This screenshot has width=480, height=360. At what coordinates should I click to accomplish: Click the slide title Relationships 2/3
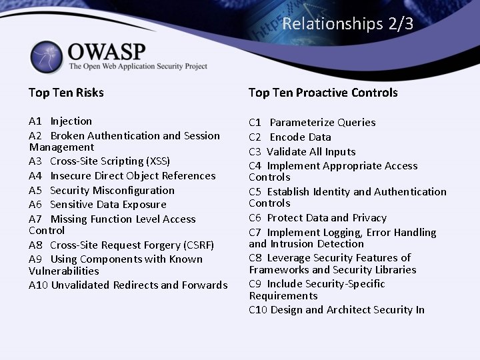coord(347,24)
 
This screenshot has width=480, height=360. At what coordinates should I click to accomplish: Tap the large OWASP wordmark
coord(107,51)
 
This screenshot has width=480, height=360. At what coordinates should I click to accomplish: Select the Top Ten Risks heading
coord(66,93)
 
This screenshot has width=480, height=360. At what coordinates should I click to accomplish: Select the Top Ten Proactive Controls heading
coord(323,93)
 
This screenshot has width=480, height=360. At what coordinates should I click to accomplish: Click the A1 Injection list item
coord(61,121)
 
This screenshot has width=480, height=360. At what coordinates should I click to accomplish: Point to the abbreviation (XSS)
coord(157,161)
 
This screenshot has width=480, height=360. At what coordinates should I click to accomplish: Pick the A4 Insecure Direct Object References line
coord(122,176)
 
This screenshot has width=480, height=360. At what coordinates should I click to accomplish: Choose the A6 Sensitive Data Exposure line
coord(97,205)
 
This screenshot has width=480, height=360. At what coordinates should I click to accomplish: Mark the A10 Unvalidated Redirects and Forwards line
coord(128,285)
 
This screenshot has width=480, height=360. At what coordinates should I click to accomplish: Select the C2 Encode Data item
coord(290,137)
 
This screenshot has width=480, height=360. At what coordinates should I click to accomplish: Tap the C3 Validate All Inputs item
coord(302,152)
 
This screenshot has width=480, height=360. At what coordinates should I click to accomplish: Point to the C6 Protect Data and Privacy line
coord(317,218)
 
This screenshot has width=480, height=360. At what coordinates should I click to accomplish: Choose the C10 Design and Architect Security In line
coord(337,309)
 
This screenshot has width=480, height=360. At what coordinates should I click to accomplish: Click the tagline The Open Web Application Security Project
coord(138,66)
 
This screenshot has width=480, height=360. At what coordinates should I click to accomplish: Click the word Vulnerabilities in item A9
coord(64,271)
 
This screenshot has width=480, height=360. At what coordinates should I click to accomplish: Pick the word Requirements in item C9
coord(283,295)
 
